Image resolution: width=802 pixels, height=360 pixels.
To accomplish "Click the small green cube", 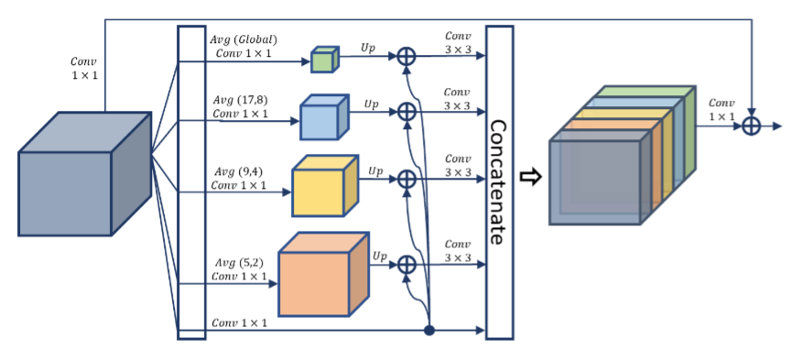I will coord(324,60).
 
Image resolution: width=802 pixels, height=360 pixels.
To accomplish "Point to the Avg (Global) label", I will coord(244,39).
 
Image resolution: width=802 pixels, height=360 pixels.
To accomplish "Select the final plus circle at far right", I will coord(751,126).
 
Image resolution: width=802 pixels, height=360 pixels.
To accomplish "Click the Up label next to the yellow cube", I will coord(376,170).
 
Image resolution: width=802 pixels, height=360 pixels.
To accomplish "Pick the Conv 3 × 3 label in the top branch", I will coord(457,42).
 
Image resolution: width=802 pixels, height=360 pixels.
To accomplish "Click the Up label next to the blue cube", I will coord(371,104).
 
